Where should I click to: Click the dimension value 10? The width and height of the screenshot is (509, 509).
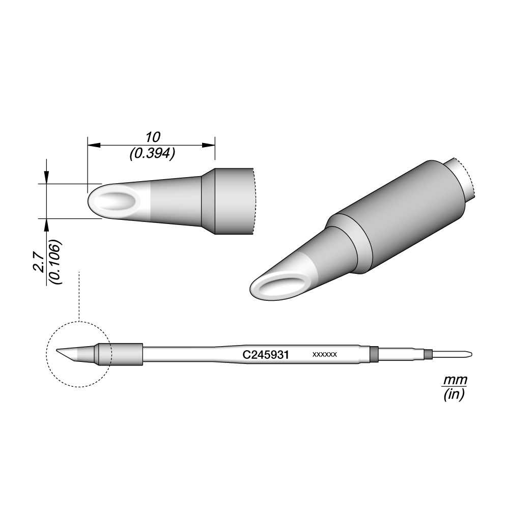point(153,137)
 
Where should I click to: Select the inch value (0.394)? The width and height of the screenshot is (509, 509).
point(153,153)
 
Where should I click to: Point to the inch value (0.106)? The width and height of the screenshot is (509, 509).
point(55,262)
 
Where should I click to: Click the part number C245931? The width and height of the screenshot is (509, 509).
point(266,355)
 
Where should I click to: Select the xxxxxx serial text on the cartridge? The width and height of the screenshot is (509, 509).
point(325,354)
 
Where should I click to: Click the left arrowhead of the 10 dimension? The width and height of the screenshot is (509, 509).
point(94,145)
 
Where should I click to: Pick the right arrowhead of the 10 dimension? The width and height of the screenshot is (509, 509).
point(208,145)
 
